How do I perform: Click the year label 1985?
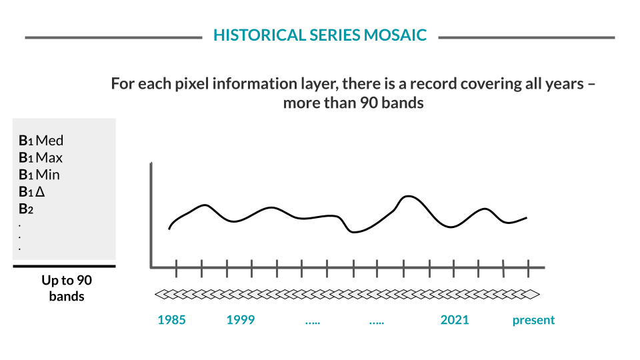(171, 320)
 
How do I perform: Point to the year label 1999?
(240, 320)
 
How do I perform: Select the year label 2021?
(455, 320)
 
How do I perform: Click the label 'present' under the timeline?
(533, 320)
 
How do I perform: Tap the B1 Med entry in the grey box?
(41, 141)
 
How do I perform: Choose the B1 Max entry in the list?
(41, 158)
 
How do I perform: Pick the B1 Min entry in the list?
(39, 175)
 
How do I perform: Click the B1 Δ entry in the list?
(31, 192)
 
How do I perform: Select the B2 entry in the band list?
(26, 209)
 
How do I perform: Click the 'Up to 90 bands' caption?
(66, 288)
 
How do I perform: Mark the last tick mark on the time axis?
(529, 269)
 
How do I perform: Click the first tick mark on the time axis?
(177, 269)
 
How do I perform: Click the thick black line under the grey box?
(64, 266)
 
